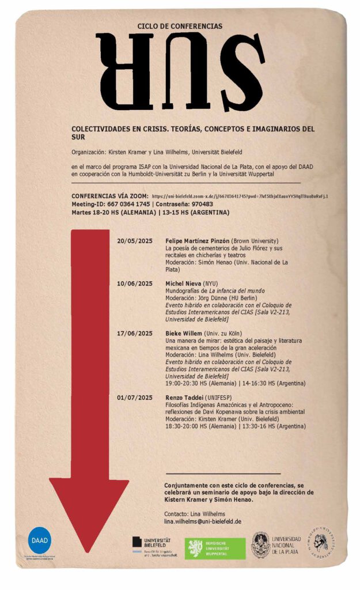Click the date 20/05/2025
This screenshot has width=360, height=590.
point(135,240)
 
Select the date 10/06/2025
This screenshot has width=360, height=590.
point(135,284)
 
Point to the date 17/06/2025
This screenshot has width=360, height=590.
point(135,334)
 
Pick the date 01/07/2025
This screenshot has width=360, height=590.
point(135,398)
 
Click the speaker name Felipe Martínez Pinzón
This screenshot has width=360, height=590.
point(197,240)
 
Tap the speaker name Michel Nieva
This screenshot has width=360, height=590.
point(183,284)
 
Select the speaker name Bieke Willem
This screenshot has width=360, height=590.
point(184,334)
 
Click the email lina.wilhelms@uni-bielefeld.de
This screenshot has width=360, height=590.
point(202,521)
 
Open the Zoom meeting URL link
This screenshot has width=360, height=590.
point(240,196)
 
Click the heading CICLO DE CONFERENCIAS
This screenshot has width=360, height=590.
point(180,27)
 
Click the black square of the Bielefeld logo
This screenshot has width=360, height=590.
point(137,542)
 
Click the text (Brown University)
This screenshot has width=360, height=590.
point(255,240)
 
